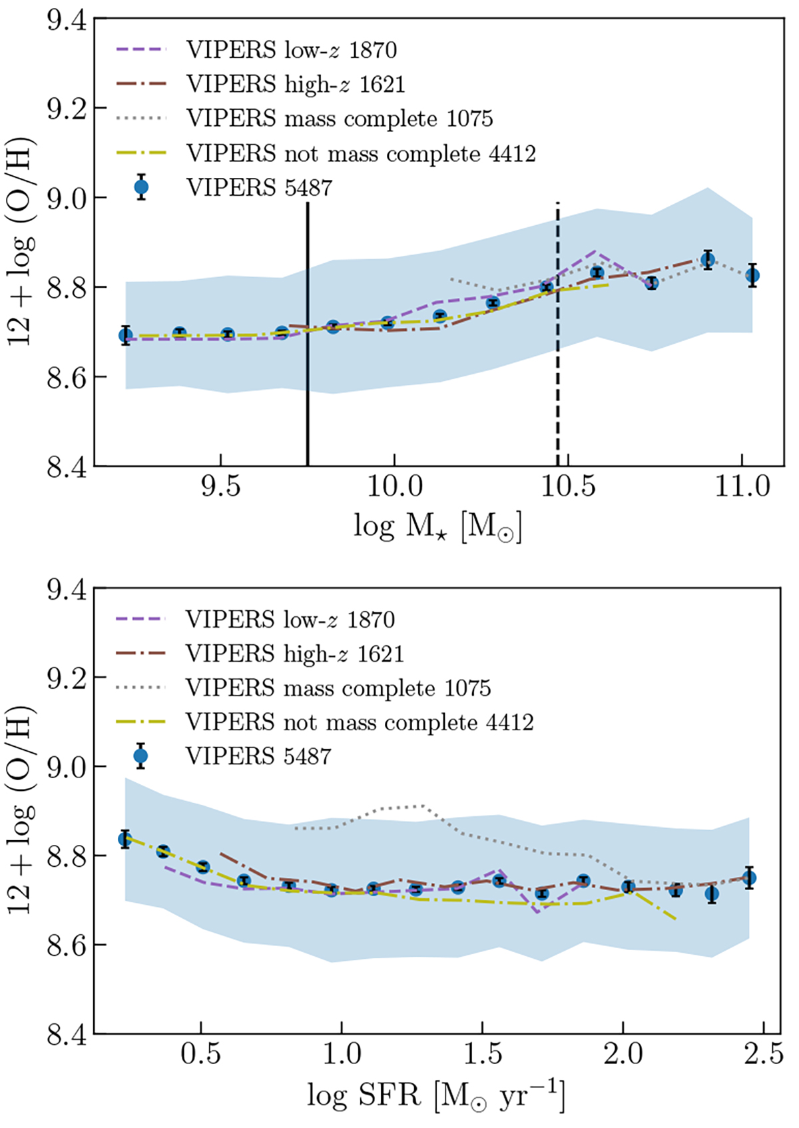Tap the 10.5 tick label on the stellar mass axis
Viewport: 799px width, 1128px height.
coord(568,487)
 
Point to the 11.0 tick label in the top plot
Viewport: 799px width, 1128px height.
coord(742,487)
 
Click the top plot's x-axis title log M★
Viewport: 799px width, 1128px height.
coord(437,527)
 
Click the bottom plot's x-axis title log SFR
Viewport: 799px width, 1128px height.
coord(435,1095)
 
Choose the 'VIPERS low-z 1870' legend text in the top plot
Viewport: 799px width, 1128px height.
coord(292,49)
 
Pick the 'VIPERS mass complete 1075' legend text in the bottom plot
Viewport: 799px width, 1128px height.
coord(338,688)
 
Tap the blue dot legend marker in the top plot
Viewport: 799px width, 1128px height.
coord(140,187)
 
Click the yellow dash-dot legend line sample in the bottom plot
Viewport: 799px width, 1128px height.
coord(140,722)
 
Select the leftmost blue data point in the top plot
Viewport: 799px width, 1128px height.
coord(126,334)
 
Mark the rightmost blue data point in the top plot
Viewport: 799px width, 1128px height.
coord(752,275)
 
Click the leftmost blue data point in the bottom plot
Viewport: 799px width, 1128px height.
coord(125,839)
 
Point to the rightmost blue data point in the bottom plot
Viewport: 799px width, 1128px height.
coord(749,878)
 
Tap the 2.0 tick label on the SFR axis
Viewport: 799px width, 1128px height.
coord(623,1055)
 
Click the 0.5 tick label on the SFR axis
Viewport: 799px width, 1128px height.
coord(201,1055)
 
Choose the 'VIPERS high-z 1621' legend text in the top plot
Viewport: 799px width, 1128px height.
coord(296,84)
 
